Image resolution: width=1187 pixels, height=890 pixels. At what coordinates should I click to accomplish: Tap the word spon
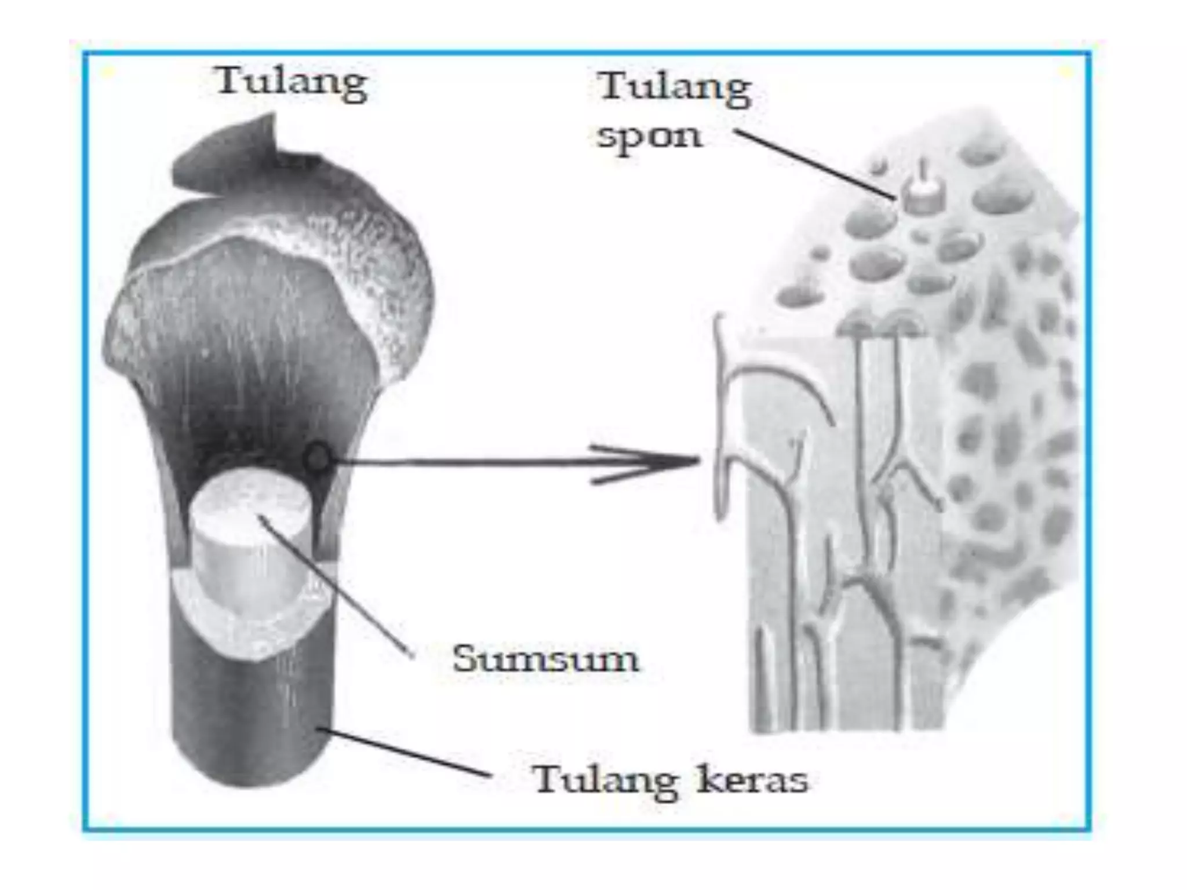pyautogui.click(x=650, y=137)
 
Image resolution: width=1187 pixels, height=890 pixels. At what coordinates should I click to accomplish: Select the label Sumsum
pyautogui.click(x=545, y=659)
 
